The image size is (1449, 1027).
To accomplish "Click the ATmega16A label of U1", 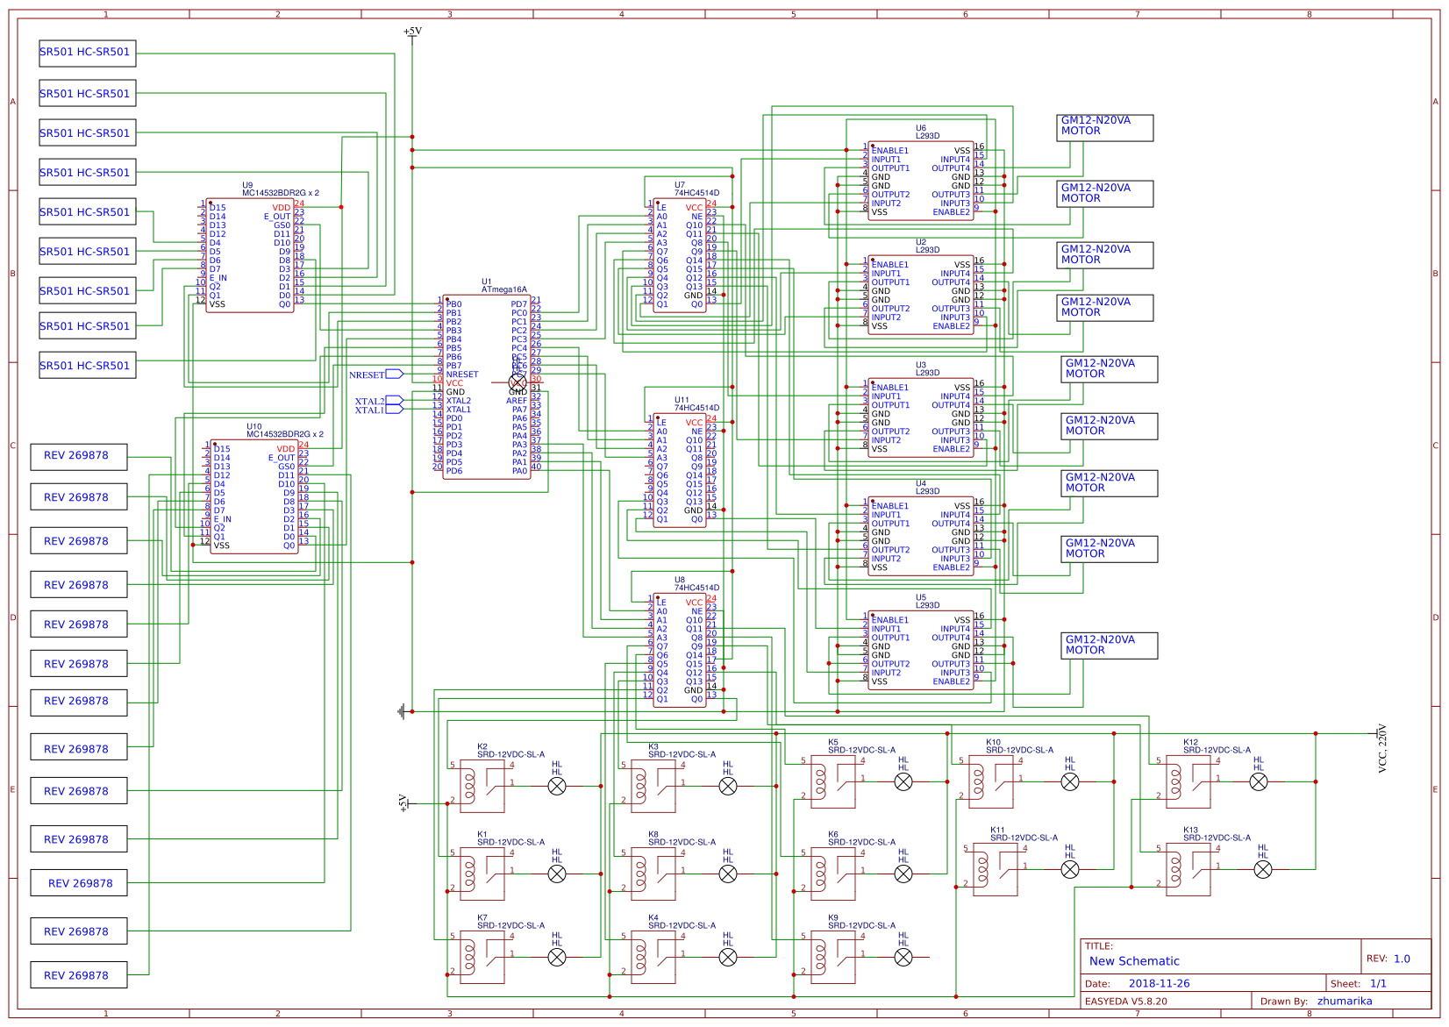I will pos(503,289).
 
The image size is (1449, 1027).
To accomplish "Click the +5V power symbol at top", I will pos(412,32).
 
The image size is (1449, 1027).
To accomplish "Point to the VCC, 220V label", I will pos(1383,748).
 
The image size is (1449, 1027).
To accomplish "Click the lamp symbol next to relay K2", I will pos(557,787).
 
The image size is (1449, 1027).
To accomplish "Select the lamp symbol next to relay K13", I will pos(1263,869).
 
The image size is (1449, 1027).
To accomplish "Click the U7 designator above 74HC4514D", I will pos(679,185).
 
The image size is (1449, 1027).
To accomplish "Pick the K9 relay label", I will pos(832,917).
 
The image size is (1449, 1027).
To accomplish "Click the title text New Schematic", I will pos(1134,961).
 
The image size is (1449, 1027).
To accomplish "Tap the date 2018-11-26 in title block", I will pos(1159,983).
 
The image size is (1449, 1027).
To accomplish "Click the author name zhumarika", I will pos(1344,1001).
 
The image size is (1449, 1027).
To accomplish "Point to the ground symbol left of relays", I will pos(403,711).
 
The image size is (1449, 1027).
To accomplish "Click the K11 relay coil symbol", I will pos(981,869).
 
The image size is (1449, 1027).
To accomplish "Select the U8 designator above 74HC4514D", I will pos(679,580).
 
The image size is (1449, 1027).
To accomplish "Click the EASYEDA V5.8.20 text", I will pos(1125,1001).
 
